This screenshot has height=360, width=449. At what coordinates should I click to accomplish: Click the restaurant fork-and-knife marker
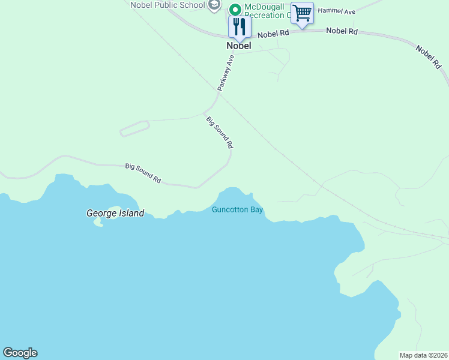(240, 26)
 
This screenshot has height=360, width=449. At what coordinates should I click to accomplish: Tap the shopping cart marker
(302, 13)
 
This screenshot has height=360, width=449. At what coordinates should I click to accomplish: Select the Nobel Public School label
(167, 5)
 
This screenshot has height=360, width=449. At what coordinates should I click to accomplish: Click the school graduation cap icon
(214, 5)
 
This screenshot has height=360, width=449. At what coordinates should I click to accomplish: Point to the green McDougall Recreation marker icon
(235, 9)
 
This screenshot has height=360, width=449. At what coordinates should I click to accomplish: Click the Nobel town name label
(239, 46)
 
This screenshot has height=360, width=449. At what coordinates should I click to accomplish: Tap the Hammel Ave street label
(337, 11)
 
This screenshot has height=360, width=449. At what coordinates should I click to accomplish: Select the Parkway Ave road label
(225, 74)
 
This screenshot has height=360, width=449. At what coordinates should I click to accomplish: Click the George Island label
(115, 213)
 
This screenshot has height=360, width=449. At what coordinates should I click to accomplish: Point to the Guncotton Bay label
(238, 209)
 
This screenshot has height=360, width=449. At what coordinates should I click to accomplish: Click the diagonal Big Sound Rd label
(219, 132)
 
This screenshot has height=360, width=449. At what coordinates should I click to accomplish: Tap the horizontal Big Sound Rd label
(143, 173)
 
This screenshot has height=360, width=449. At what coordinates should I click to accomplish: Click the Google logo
(20, 353)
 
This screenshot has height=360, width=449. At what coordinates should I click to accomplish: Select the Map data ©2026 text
(423, 355)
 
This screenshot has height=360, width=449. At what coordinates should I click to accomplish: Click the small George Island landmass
(98, 221)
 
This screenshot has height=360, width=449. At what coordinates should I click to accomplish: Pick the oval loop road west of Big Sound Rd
(134, 128)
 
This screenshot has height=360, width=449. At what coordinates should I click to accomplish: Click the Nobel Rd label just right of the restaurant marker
(273, 34)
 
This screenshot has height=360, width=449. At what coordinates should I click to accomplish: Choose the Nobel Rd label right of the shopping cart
(342, 31)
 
